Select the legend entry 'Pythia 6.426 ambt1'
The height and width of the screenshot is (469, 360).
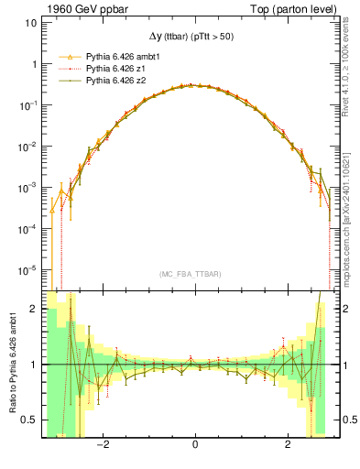click(123, 57)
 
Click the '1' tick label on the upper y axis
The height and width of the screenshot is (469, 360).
click(34, 64)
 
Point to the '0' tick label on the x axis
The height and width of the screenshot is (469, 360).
click(195, 444)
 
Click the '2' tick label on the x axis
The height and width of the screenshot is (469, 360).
click(288, 444)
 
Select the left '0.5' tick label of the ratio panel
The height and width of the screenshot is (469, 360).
click(29, 420)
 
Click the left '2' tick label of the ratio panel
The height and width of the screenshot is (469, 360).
click(34, 310)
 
